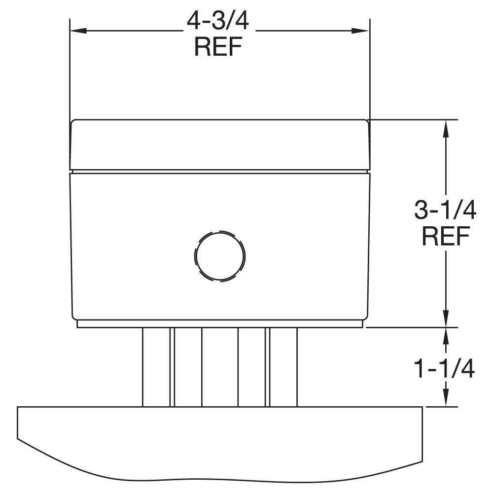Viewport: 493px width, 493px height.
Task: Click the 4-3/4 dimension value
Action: [x=219, y=22]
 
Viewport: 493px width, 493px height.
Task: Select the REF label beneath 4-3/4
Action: [x=219, y=47]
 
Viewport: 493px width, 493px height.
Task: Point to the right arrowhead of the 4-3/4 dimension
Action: [x=362, y=31]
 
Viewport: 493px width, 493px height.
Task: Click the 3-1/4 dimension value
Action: [x=445, y=211]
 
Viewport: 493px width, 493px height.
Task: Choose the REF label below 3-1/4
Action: [x=445, y=237]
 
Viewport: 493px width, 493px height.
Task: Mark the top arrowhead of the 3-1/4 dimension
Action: [x=446, y=127]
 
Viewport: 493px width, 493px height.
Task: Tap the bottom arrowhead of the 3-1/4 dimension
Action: [x=446, y=318]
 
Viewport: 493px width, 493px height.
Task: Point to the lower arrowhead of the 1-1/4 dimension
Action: [x=446, y=399]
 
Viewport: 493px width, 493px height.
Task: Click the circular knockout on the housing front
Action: [x=219, y=256]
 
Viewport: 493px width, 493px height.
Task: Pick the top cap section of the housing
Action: [x=219, y=144]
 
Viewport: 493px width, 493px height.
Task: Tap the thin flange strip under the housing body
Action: [x=219, y=324]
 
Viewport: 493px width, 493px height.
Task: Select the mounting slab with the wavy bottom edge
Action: [x=219, y=439]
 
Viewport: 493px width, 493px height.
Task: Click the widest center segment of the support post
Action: [x=219, y=367]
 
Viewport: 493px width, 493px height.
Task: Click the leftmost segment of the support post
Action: [x=156, y=367]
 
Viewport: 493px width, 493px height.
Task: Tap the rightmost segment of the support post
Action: [x=283, y=367]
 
